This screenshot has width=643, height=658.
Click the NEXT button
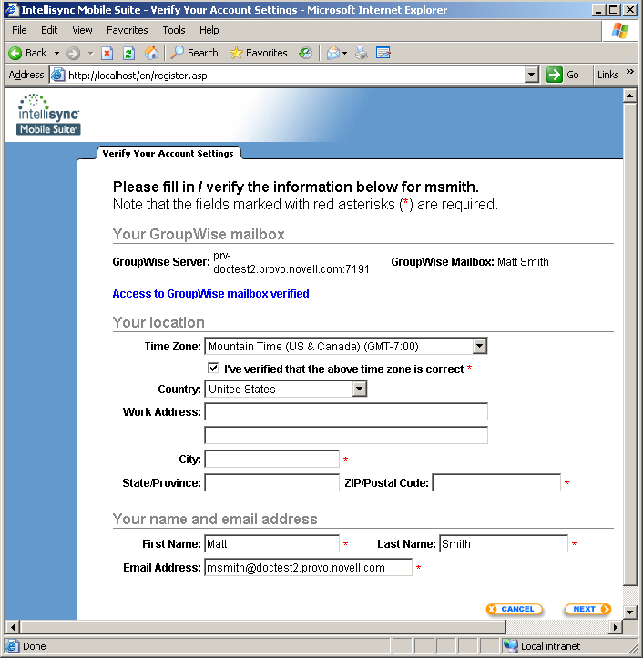[587, 609]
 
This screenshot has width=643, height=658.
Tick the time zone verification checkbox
[213, 369]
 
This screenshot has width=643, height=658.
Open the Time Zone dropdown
[480, 346]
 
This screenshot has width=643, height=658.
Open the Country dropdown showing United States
[360, 389]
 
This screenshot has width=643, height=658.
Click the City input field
[271, 459]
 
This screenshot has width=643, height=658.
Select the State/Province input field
[271, 482]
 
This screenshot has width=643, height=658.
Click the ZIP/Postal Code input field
[496, 482]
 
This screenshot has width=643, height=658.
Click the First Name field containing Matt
[271, 543]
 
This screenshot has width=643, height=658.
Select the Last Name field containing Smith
[503, 543]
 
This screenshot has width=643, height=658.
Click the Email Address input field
[308, 568]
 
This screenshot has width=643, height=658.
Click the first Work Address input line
[346, 412]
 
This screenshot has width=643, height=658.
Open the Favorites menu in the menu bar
[127, 30]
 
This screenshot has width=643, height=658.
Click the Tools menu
[174, 30]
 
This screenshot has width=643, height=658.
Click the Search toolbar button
[194, 53]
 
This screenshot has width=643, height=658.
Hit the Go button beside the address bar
[564, 75]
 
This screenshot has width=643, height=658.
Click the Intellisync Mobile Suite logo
[48, 115]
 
